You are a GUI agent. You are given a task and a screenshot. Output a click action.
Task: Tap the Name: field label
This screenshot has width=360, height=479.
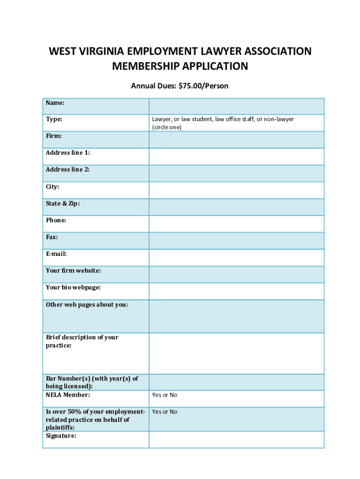coord(55,102)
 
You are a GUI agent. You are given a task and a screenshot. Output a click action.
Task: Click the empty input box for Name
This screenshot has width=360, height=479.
coord(236,106)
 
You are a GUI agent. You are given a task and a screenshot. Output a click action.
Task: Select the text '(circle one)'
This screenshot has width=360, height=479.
coord(166,127)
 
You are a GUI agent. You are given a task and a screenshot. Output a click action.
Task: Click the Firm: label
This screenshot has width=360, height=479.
coord(54,136)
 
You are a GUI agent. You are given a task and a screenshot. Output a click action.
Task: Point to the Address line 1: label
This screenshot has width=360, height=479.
coord(68,153)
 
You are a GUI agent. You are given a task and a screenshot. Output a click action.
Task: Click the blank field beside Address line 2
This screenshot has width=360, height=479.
coord(236,174)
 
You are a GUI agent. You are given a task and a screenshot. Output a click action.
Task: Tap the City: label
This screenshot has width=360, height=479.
coord(52,187)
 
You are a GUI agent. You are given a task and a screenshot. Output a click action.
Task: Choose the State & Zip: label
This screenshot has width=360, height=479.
coord(63,203)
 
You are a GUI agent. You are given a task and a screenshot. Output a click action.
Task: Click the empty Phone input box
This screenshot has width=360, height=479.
coord(236,224)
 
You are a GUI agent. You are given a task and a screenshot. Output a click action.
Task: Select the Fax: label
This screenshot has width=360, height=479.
coord(51,237)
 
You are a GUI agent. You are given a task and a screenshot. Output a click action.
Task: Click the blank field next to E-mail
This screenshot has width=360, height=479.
coord(236,258)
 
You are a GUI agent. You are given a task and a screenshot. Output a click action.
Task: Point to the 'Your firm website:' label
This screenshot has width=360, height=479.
coord(73,271)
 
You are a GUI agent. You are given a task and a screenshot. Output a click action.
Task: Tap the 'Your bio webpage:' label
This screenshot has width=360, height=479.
coord(73,288)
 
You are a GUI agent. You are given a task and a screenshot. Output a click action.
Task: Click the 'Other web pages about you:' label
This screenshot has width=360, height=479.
coord(86,305)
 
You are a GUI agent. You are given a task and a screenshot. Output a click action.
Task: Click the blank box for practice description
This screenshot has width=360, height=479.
coord(236,353)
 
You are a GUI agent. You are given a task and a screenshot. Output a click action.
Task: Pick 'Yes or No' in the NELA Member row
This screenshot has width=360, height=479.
coord(165,395)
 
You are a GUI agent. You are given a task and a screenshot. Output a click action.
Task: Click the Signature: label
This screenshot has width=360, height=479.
coord(61,436)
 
